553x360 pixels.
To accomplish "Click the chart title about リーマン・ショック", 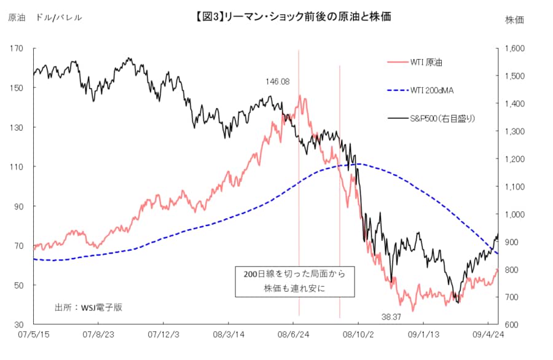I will tap(292, 17).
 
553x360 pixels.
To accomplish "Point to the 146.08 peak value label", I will tap(277, 81).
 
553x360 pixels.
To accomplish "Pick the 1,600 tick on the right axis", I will tap(516, 49).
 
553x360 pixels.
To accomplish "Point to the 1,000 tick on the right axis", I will tap(516, 214).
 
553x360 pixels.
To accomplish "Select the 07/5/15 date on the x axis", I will tap(34, 335).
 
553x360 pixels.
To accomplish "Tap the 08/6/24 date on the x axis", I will tap(294, 335).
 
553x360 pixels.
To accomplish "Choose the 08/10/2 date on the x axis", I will tap(358, 335).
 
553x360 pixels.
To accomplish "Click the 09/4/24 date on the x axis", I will tap(488, 335).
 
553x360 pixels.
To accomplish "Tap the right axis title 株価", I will tap(514, 20).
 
